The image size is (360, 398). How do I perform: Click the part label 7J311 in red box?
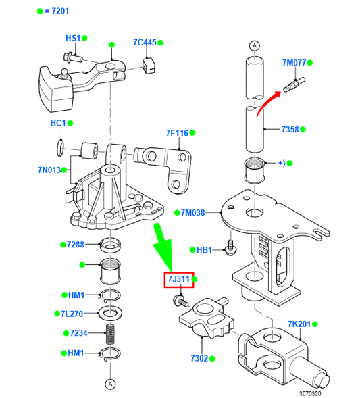click(177, 279)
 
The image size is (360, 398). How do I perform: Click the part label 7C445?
click(144, 43)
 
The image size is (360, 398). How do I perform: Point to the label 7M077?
click(294, 63)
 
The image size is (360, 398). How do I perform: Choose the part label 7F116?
click(178, 133)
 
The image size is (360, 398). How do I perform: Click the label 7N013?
click(49, 170)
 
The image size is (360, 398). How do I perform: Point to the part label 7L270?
click(72, 314)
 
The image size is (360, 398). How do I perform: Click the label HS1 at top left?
click(72, 38)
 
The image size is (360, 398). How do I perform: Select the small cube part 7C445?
click(151, 64)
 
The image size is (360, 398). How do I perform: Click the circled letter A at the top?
click(254, 46)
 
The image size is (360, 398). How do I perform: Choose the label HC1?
click(57, 123)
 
